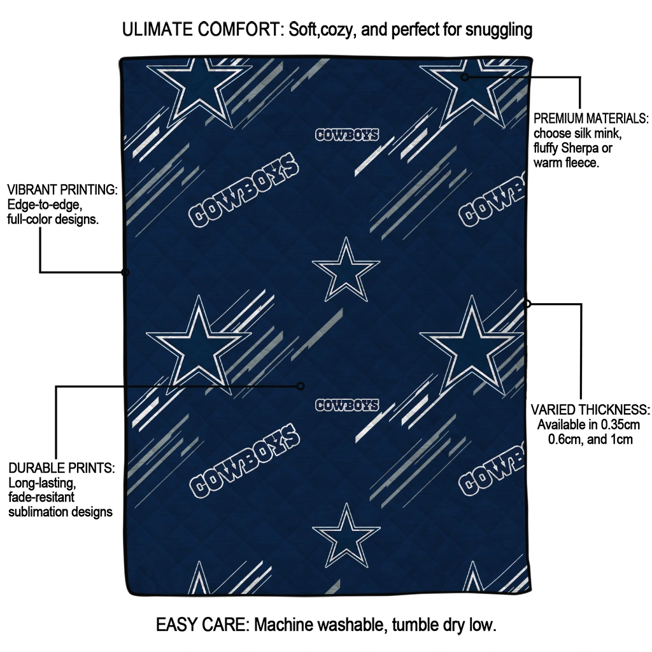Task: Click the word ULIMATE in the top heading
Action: pyautogui.click(x=158, y=29)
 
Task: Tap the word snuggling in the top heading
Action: pyautogui.click(x=499, y=31)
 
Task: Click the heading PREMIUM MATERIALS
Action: pyautogui.click(x=591, y=118)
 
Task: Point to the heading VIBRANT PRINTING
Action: pyautogui.click(x=62, y=190)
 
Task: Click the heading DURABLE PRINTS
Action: pyautogui.click(x=62, y=468)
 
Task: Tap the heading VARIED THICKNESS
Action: pyautogui.click(x=590, y=409)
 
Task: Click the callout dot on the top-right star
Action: pyautogui.click(x=465, y=77)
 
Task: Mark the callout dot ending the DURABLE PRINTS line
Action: pyautogui.click(x=301, y=386)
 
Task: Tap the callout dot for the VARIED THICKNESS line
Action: pyautogui.click(x=527, y=304)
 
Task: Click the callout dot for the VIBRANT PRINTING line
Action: pyautogui.click(x=125, y=273)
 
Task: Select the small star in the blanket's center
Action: pyautogui.click(x=346, y=269)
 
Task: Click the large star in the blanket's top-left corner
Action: pyautogui.click(x=199, y=92)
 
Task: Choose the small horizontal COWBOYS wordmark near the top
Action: pyautogui.click(x=347, y=135)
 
